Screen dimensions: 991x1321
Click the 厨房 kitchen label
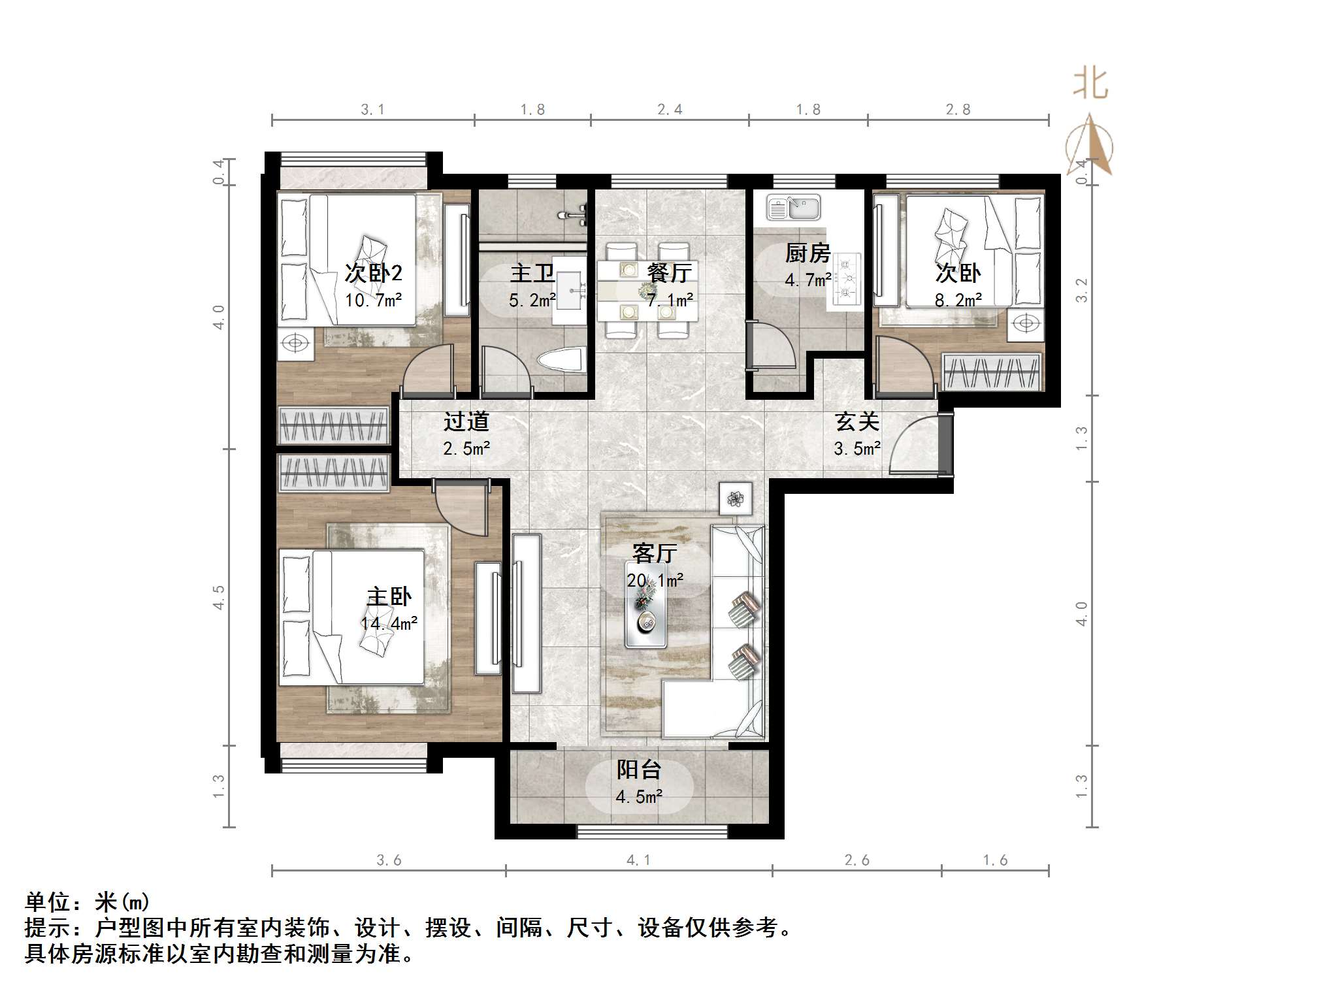807,253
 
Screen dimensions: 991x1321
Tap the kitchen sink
793,208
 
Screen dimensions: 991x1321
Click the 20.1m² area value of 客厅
655,580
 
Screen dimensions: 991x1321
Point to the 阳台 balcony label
638,770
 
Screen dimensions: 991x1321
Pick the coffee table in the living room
645,621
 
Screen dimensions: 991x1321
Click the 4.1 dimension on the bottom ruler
638,860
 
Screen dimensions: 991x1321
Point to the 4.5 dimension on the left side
219,597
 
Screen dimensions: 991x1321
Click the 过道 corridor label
466,422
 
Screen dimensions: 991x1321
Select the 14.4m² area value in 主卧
389,623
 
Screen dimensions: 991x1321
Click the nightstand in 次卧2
295,344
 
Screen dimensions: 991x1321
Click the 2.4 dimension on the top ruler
670,110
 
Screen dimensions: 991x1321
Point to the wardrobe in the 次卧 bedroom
992,372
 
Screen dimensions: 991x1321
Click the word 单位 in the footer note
48,902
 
